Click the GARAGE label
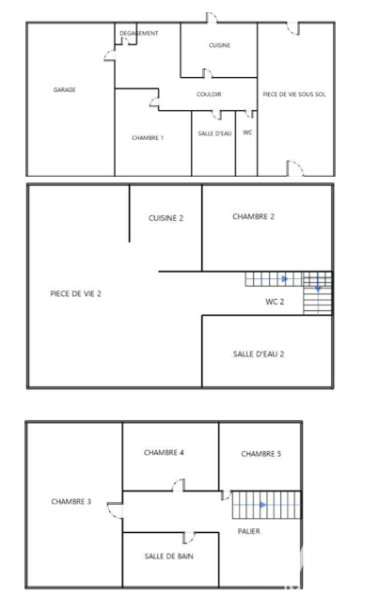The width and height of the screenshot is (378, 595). tap(64, 89)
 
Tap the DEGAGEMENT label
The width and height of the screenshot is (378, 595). tap(139, 33)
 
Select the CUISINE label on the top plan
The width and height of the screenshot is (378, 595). tap(219, 45)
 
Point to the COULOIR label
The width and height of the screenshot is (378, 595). tap(209, 94)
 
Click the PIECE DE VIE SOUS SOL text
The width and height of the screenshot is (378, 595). tap(294, 94)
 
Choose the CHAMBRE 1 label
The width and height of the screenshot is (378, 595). tap(148, 138)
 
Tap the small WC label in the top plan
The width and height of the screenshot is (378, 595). tap(247, 133)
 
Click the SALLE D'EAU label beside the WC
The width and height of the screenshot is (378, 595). tap(214, 133)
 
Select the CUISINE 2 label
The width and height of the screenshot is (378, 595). tap(165, 218)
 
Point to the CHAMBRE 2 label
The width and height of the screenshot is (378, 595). tap(253, 217)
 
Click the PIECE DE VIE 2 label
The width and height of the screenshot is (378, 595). tap(75, 293)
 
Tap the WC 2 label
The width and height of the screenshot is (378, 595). tap(275, 302)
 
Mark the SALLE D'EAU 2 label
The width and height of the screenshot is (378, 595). tap(259, 354)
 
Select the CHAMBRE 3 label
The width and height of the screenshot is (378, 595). tap(71, 502)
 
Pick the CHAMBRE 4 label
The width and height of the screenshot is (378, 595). tap(164, 452)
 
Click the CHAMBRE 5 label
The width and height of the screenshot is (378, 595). tap(261, 454)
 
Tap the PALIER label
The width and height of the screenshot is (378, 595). tap(249, 531)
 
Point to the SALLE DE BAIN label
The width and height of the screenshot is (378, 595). tap(169, 556)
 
